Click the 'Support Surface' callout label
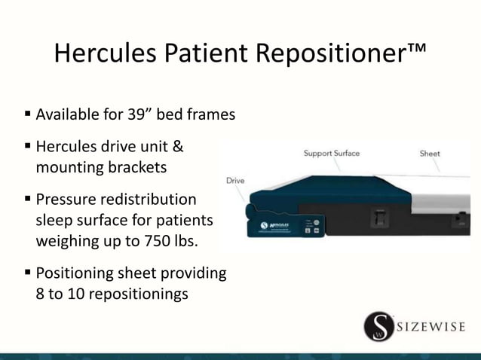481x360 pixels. [332, 154]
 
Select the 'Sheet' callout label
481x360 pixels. [430, 154]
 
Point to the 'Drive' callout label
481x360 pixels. [235, 181]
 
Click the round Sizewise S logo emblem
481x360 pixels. [378, 326]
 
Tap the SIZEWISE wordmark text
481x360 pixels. [431, 327]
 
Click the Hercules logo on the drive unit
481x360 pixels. [275, 224]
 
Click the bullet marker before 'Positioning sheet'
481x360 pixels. [28, 273]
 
